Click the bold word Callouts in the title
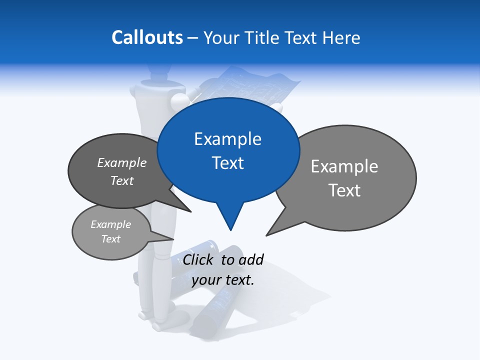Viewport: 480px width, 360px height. (x=147, y=37)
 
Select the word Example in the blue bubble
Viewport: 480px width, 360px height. (x=227, y=139)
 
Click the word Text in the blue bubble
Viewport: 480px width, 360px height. (x=228, y=163)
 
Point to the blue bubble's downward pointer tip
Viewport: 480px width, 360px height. (x=230, y=230)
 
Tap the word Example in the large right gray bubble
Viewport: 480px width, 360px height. (x=344, y=166)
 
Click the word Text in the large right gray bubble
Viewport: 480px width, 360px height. (x=345, y=190)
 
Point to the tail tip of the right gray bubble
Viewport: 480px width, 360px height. (x=266, y=235)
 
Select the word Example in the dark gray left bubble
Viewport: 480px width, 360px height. (x=122, y=162)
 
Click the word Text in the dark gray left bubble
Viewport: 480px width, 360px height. (x=122, y=180)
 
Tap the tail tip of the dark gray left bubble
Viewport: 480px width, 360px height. (x=190, y=211)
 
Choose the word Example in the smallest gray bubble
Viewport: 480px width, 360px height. (x=111, y=224)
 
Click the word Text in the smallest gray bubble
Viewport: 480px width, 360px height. (x=111, y=238)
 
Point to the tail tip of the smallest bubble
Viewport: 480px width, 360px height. (x=173, y=239)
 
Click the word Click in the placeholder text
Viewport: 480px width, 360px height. (x=197, y=259)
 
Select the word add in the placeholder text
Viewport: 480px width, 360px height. (x=251, y=259)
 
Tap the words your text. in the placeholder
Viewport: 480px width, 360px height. (x=223, y=280)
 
